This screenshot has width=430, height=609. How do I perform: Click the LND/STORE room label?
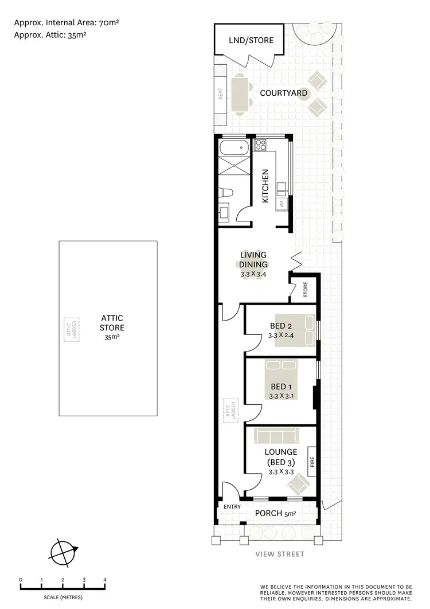tap(249, 41)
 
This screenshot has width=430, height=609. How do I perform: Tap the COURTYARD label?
tap(283, 93)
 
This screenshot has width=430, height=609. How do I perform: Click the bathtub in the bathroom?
tap(234, 149)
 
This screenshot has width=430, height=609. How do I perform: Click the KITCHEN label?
tap(265, 186)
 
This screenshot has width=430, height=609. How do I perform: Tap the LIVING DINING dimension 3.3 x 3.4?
tap(253, 275)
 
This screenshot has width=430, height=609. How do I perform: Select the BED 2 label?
tap(281, 326)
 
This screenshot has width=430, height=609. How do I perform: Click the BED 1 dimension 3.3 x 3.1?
tap(281, 396)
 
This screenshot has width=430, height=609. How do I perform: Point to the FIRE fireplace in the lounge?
tap(312, 462)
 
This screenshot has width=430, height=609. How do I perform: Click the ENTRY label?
tap(232, 506)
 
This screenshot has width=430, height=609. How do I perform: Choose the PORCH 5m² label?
tap(275, 513)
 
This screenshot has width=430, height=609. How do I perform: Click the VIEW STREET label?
tap(281, 554)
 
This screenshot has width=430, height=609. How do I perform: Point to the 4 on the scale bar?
tap(105, 580)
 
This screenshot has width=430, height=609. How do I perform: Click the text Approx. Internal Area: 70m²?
tap(66, 23)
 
